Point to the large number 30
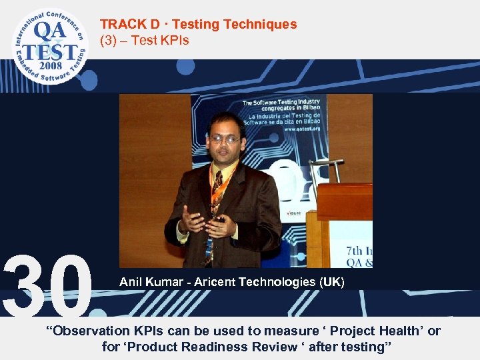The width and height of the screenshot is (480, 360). click(x=48, y=285)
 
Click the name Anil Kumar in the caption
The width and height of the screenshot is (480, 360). click(x=151, y=283)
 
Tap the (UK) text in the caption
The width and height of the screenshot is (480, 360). click(x=332, y=283)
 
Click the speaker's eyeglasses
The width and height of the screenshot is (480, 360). click(x=225, y=139)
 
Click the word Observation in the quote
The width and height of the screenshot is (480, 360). click(x=87, y=331)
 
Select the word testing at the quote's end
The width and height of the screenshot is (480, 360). click(x=365, y=347)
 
